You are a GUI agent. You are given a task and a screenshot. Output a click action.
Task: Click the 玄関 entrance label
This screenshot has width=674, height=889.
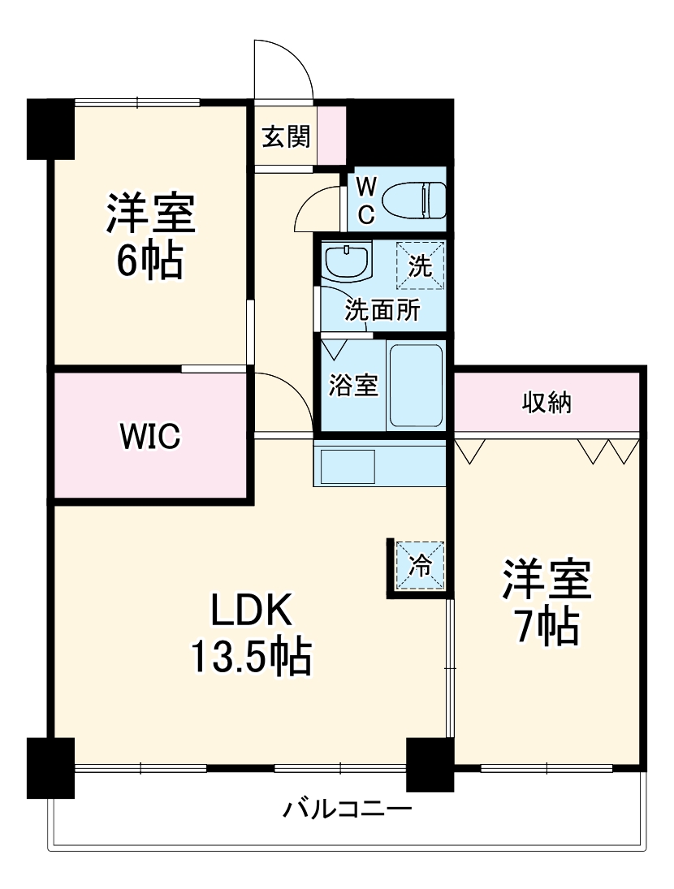285,137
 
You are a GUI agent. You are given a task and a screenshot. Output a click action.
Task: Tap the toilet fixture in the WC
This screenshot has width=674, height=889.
414,200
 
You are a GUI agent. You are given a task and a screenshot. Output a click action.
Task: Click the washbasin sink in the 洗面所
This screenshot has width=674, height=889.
347,261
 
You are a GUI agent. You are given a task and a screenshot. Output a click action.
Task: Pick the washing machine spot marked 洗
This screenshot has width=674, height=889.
421,265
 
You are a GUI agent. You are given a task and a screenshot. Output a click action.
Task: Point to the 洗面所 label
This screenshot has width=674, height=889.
382,310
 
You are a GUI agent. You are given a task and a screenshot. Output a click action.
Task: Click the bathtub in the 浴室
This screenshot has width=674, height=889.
416,385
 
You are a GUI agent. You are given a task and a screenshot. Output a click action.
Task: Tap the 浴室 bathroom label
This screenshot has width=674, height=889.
353,385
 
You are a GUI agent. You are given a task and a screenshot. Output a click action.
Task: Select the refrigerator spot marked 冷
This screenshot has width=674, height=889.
421,565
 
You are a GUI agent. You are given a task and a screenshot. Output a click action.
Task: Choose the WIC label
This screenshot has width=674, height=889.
150,437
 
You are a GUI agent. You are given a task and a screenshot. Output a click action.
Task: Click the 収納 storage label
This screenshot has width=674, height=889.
546,401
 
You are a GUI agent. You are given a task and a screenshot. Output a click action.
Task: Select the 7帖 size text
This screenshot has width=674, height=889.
546,625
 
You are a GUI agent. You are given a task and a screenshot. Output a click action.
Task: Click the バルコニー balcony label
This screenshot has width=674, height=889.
348,809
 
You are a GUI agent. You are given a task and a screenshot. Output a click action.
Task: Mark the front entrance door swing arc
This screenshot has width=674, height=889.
284,69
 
